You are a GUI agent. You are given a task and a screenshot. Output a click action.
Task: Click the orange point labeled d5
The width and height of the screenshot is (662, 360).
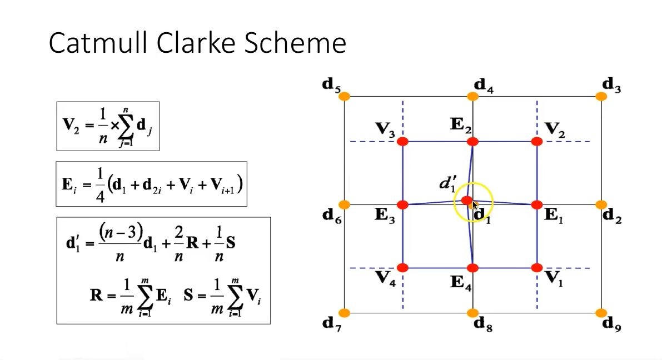pyautogui.click(x=345, y=97)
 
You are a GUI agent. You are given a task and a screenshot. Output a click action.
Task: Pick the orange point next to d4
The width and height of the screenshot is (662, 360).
pyautogui.click(x=472, y=97)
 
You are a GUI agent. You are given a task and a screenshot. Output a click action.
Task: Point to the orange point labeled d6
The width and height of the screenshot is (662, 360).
pyautogui.click(x=345, y=205)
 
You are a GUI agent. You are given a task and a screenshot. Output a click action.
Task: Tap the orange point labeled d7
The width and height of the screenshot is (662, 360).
pyautogui.click(x=345, y=313)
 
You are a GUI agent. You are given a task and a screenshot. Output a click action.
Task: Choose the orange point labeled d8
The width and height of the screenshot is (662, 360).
pyautogui.click(x=472, y=313)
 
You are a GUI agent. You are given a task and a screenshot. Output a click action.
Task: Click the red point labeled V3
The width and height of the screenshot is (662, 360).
pyautogui.click(x=403, y=142)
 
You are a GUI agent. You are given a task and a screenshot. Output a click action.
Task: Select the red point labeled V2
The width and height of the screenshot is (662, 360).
pyautogui.click(x=537, y=142)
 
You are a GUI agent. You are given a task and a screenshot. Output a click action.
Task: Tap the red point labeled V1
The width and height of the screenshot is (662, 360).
pyautogui.click(x=537, y=268)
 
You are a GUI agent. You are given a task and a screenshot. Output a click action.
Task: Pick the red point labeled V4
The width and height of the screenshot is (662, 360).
pyautogui.click(x=403, y=268)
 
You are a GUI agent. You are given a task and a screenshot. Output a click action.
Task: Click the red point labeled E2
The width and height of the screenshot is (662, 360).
pyautogui.click(x=472, y=142)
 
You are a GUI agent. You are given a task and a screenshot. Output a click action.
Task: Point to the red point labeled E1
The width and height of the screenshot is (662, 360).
pyautogui.click(x=537, y=205)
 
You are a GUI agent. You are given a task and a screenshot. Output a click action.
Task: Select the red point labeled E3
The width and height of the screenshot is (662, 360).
pyautogui.click(x=403, y=205)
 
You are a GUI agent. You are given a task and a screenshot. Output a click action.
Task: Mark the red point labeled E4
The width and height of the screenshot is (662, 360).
pyautogui.click(x=472, y=268)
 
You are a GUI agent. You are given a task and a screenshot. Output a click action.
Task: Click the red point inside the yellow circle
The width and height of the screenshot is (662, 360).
pyautogui.click(x=467, y=200)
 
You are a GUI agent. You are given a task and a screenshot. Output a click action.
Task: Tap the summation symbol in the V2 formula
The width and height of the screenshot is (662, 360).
pyautogui.click(x=126, y=127)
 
